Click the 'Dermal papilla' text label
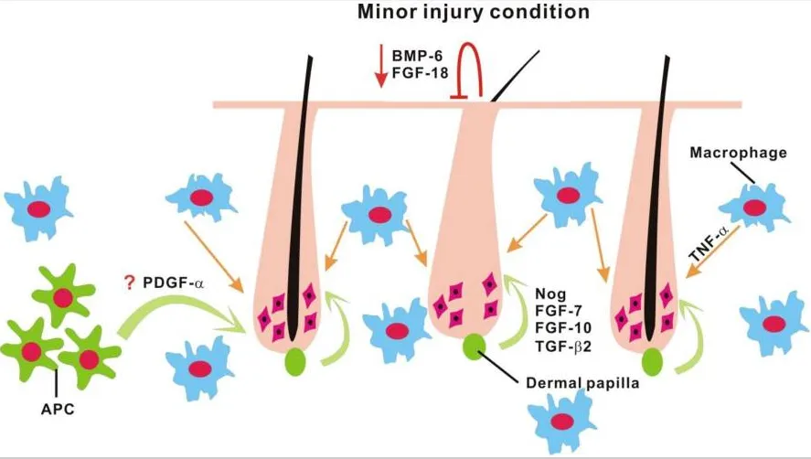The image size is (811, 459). coord(580,385)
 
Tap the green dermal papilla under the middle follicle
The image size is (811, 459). coord(475,347)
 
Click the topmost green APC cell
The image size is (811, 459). coord(61,294)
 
